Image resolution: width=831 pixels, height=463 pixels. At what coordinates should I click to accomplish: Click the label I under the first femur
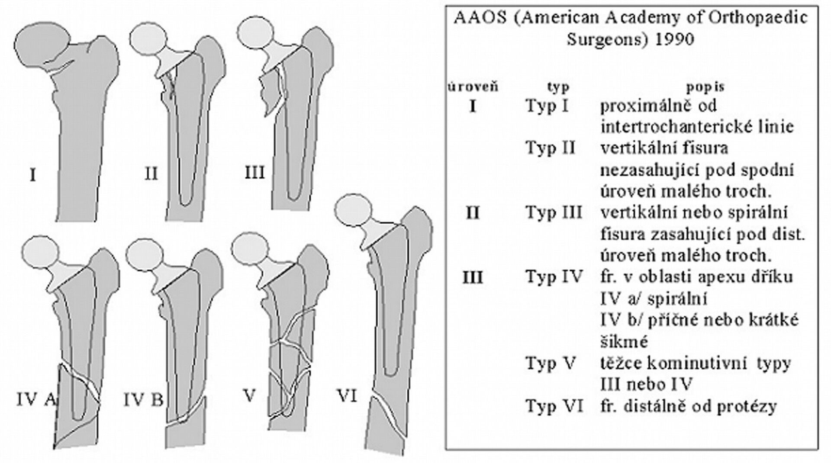click(32, 176)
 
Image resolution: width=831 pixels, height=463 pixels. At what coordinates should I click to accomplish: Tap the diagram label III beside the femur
click(254, 173)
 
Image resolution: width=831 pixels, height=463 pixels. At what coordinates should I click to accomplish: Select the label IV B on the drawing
click(143, 400)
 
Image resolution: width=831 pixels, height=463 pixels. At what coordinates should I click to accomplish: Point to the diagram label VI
click(347, 396)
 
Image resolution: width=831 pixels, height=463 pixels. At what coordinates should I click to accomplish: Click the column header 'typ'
click(558, 87)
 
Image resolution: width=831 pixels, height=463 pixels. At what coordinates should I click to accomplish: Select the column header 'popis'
click(705, 87)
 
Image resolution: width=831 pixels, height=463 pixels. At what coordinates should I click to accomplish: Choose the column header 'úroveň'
click(473, 87)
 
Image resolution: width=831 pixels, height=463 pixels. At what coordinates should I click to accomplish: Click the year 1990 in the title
click(674, 40)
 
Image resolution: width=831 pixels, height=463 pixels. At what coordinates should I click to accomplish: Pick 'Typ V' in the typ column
click(551, 363)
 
